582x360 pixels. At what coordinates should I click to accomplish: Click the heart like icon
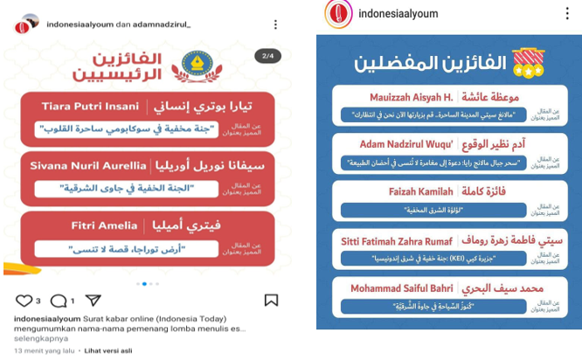23,300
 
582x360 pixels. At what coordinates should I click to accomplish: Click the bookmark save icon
271,300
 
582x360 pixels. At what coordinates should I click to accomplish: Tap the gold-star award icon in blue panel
524,60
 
